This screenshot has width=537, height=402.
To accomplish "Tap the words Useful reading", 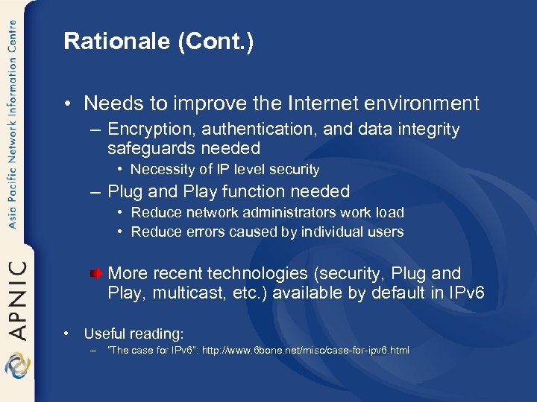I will tap(134, 334).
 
